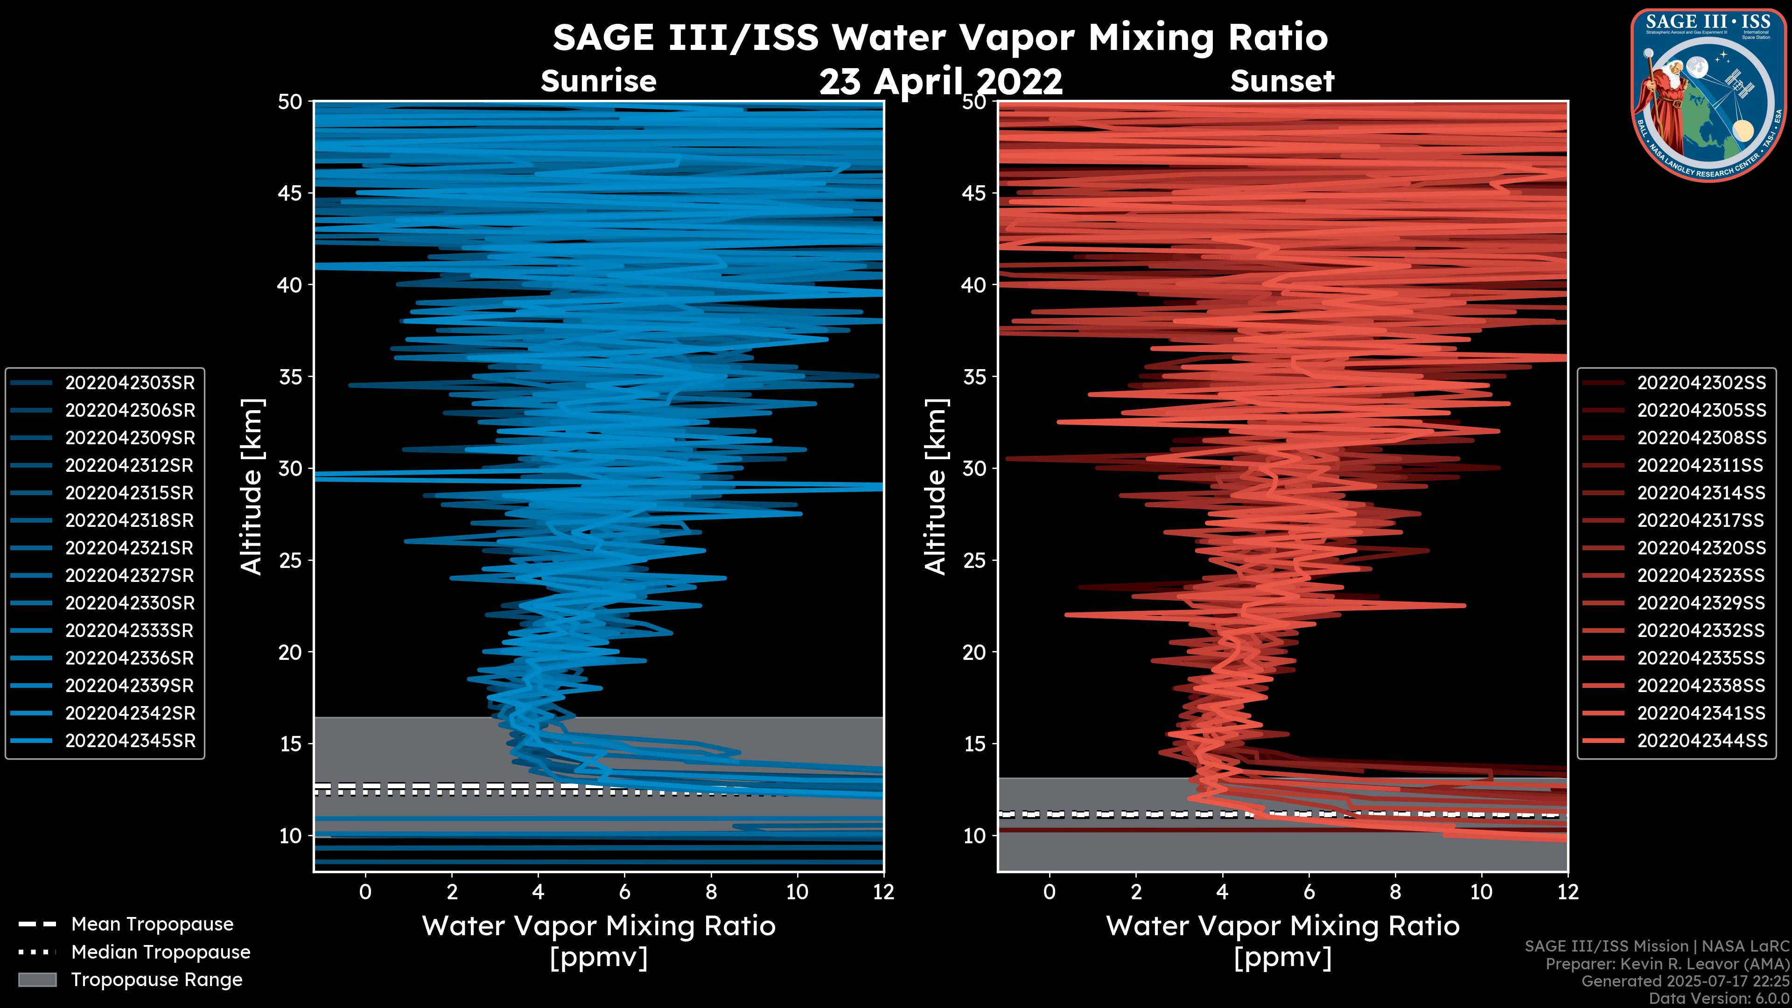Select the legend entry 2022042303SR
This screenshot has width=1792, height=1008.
pos(129,383)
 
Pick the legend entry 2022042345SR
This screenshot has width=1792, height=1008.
pos(129,741)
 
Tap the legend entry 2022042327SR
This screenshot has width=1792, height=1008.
pos(129,575)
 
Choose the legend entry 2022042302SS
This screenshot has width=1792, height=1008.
pos(1701,383)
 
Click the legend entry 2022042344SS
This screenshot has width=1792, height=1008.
pos(1701,741)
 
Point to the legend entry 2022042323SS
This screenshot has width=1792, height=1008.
pos(1701,575)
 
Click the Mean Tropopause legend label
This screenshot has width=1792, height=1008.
pos(152,924)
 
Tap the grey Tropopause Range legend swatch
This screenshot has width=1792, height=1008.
pos(37,980)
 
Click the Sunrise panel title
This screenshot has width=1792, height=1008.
pos(598,81)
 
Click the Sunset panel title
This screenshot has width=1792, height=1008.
pos(1282,81)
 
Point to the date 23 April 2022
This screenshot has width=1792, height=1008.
pos(940,82)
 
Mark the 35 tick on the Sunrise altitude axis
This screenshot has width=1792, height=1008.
pos(291,376)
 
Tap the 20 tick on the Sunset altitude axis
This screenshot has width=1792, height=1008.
pos(974,652)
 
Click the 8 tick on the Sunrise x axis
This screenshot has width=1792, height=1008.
pos(711,891)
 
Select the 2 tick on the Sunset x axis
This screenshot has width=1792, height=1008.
pos(1136,891)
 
